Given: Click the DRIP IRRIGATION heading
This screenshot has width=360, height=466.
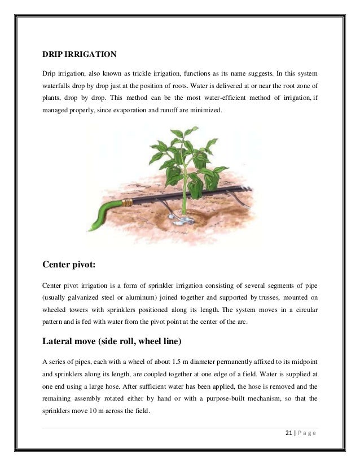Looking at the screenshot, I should coord(80,55).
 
